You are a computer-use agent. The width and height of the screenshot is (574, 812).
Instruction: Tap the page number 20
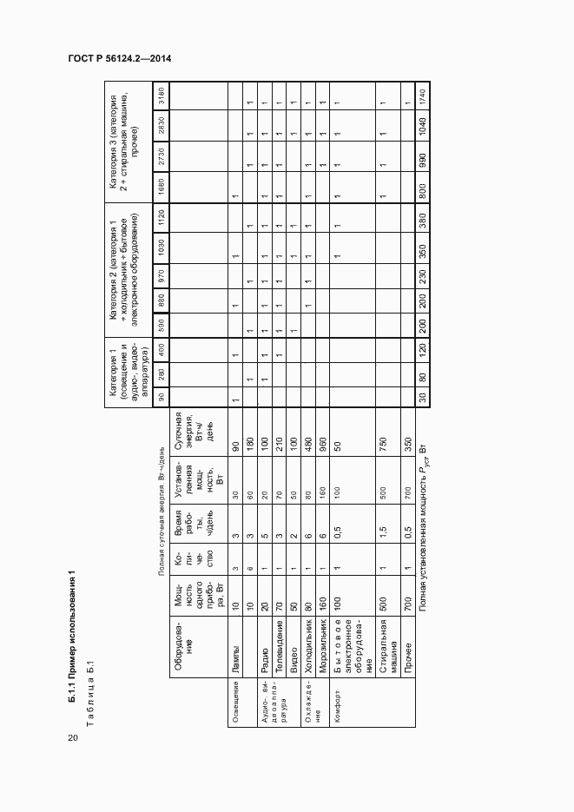[72, 737]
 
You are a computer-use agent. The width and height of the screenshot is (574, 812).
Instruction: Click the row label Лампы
[236, 665]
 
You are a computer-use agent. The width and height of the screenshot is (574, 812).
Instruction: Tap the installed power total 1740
[423, 96]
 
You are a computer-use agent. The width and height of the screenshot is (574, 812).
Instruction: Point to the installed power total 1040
[423, 126]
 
